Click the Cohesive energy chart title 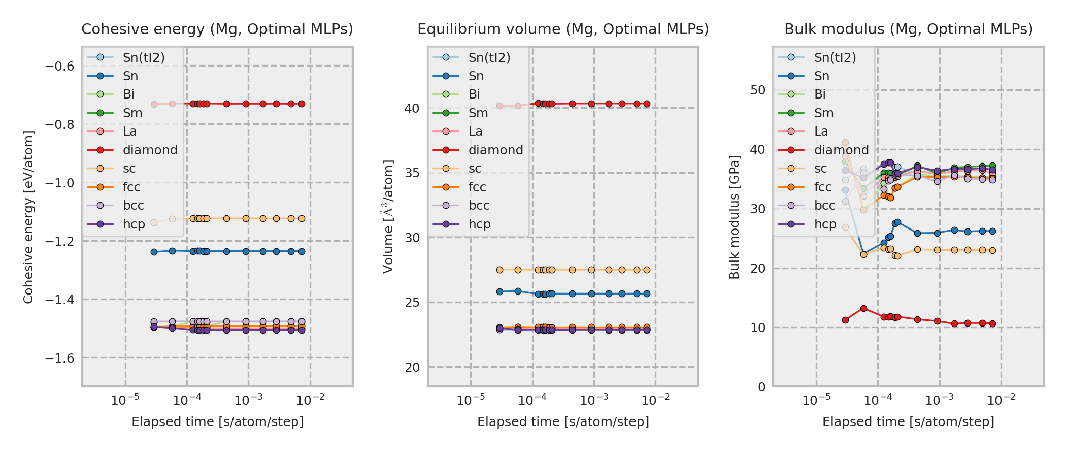[x=217, y=29]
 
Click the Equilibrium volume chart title [x=563, y=29]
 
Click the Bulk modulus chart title [x=908, y=29]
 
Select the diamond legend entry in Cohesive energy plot [x=150, y=150]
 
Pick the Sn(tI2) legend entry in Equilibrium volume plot [x=489, y=58]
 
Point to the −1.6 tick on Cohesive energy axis [x=60, y=358]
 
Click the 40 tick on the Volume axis [x=412, y=109]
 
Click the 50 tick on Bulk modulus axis [x=758, y=90]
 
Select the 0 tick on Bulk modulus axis [x=761, y=387]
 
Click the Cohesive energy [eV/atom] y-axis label [x=28, y=217]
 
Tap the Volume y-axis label [x=388, y=217]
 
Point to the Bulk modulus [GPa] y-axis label [x=735, y=217]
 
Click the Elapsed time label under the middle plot [x=563, y=422]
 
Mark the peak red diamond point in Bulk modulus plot [x=863, y=308]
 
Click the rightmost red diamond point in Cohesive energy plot [x=302, y=104]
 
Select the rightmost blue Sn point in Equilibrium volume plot [x=647, y=293]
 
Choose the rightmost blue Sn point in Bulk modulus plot [x=992, y=231]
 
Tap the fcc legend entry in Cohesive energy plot [x=131, y=187]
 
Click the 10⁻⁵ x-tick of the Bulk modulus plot [x=816, y=401]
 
